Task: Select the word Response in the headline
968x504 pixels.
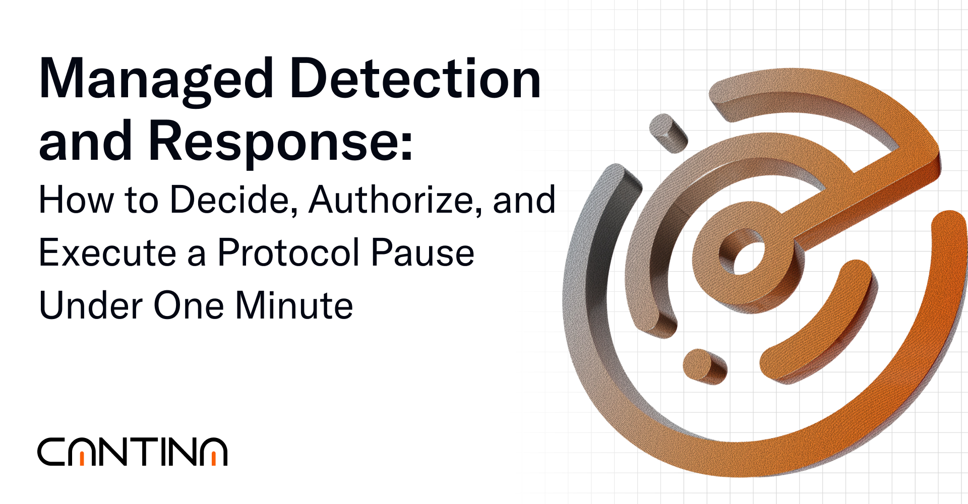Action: [273, 142]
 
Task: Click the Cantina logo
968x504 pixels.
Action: [132, 452]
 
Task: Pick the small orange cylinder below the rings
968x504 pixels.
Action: [704, 366]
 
